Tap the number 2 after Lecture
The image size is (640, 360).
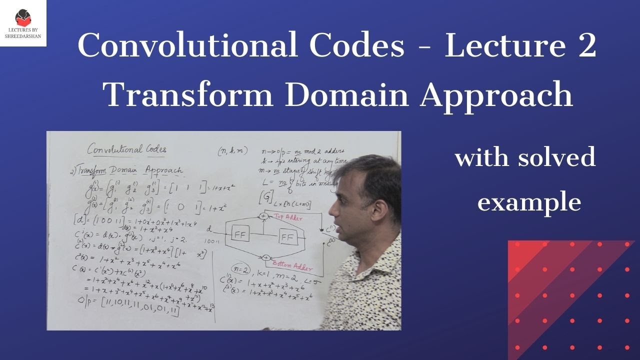(x=585, y=46)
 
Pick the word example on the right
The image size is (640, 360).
(x=528, y=202)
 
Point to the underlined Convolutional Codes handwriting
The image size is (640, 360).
(x=127, y=149)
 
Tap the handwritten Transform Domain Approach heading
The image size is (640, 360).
(x=126, y=170)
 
